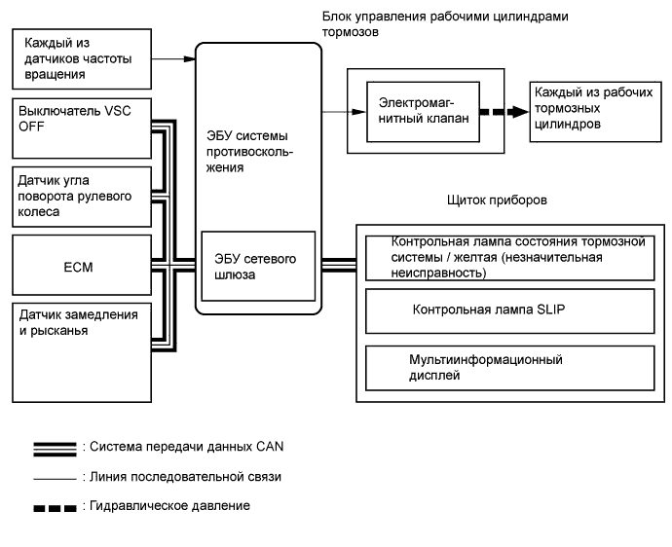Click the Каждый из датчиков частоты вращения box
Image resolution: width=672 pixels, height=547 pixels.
click(x=81, y=58)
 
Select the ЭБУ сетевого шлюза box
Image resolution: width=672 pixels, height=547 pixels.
click(x=258, y=266)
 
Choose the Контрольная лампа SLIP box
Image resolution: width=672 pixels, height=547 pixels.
click(x=508, y=310)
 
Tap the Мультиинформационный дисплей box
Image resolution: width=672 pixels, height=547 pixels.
click(x=508, y=366)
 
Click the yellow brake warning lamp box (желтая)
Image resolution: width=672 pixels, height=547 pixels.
click(x=508, y=257)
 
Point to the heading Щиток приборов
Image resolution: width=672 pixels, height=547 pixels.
click(x=494, y=200)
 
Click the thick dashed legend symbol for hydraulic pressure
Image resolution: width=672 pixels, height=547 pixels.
click(x=55, y=507)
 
